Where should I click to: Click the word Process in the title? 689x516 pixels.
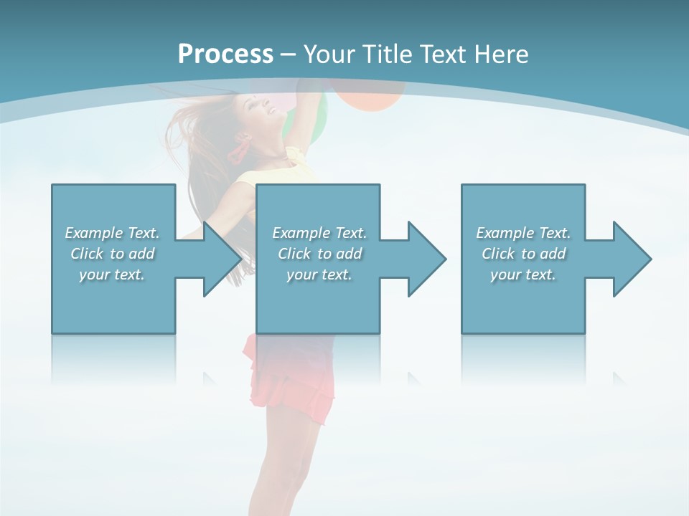[225, 54]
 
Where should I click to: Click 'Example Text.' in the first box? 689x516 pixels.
[112, 233]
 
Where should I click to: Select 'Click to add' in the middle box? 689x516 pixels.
[319, 254]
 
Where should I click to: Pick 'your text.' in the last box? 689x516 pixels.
[523, 274]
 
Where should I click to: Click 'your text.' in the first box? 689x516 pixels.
[112, 274]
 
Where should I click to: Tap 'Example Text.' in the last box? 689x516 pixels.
[523, 233]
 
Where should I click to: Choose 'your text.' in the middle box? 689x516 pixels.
[319, 274]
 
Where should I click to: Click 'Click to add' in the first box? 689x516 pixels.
[112, 254]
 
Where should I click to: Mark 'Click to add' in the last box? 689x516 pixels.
[523, 254]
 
